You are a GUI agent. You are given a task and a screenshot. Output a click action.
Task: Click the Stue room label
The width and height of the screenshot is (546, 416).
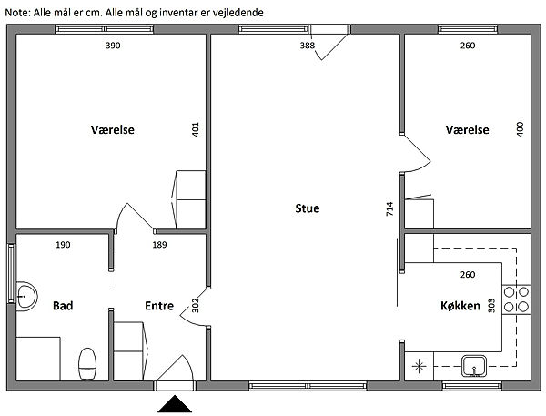[308, 208]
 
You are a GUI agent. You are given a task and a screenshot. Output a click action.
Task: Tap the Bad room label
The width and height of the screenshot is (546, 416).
[63, 306]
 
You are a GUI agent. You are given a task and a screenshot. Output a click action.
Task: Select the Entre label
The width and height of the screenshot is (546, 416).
[159, 306]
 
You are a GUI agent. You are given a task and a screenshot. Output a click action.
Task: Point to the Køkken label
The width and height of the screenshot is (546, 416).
[460, 306]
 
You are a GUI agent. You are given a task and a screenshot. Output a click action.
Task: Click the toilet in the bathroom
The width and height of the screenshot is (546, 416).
[87, 363]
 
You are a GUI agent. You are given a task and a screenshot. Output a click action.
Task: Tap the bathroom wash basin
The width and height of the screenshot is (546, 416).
[26, 296]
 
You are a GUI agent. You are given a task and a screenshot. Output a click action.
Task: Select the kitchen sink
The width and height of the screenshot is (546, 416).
[474, 366]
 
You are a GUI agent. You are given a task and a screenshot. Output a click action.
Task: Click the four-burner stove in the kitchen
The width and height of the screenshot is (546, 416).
[516, 299]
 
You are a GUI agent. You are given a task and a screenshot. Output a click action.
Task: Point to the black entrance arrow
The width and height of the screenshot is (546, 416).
[175, 404]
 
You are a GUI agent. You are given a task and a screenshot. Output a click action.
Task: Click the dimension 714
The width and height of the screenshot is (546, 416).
[389, 208]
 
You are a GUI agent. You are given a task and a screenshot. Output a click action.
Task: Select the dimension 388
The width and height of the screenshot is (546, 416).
[308, 46]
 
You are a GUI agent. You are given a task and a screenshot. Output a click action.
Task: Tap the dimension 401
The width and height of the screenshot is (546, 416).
[196, 129]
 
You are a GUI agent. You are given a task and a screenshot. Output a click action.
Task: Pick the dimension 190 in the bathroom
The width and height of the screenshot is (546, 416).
[63, 245]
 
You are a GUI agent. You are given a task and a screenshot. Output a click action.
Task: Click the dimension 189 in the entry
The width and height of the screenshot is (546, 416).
[159, 245]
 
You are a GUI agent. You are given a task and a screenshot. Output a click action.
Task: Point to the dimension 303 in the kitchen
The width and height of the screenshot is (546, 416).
[491, 306]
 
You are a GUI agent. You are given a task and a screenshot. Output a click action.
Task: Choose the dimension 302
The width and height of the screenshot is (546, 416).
[196, 305]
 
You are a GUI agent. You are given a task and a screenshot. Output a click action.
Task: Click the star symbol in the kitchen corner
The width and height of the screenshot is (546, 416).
[419, 366]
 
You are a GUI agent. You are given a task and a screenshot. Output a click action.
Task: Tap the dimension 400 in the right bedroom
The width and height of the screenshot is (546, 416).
[520, 129]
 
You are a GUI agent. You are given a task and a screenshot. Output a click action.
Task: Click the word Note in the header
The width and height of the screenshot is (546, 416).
[17, 13]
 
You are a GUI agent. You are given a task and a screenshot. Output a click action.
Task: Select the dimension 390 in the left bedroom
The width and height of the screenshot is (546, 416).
[113, 46]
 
